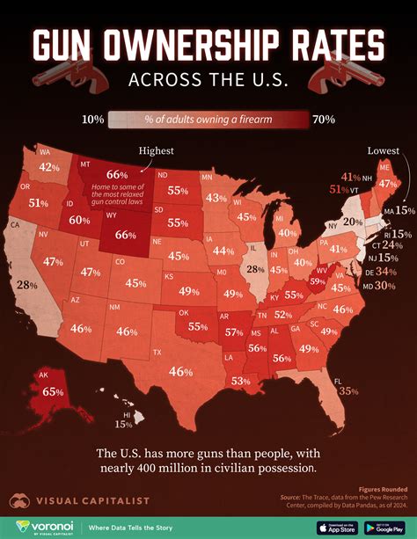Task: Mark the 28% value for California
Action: click(x=27, y=285)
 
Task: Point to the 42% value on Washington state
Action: click(x=49, y=167)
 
